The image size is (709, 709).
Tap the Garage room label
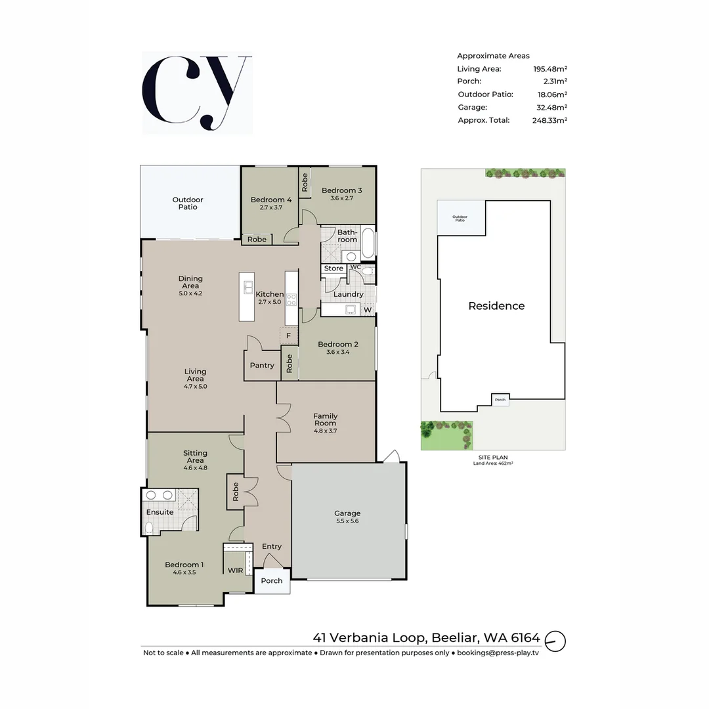tap(347, 513)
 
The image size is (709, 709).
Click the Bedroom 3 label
tap(341, 190)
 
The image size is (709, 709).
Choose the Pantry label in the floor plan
tap(262, 366)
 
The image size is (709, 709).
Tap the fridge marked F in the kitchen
tap(288, 335)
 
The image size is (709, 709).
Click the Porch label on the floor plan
tap(272, 581)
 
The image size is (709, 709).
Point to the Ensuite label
tap(160, 512)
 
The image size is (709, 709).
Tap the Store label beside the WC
tap(333, 269)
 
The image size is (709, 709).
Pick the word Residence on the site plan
tap(496, 306)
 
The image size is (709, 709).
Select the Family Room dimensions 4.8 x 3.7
tap(325, 431)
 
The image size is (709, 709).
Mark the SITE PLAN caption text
tap(492, 457)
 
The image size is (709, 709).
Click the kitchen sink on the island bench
tap(249, 287)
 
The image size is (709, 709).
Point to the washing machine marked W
tap(368, 310)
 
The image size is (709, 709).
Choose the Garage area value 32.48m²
tap(552, 107)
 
